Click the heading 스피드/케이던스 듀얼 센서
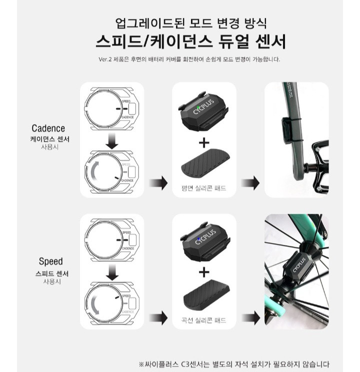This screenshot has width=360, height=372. (190, 41)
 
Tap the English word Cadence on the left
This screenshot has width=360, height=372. (48, 128)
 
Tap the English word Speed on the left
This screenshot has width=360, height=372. (50, 261)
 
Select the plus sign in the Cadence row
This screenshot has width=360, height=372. (204, 143)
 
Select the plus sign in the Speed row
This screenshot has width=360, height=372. (204, 273)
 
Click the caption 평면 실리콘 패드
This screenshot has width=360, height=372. (203, 189)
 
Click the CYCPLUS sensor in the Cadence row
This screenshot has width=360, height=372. (203, 111)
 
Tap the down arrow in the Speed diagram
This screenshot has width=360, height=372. (112, 273)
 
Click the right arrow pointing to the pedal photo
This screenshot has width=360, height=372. (250, 183)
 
